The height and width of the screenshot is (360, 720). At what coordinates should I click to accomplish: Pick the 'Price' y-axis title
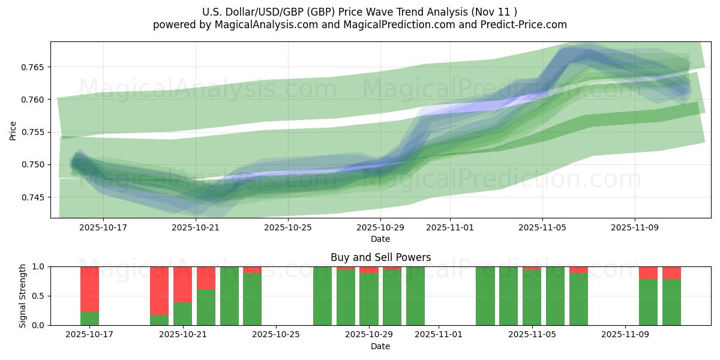pyautogui.click(x=13, y=130)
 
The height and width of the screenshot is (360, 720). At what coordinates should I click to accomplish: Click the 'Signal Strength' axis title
pyautogui.click(x=22, y=296)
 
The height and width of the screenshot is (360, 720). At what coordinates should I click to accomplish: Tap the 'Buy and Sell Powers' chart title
pyautogui.click(x=380, y=257)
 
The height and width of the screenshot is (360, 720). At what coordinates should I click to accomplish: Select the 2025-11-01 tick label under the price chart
pyautogui.click(x=450, y=228)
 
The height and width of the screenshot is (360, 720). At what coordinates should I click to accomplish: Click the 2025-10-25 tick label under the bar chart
pyautogui.click(x=276, y=335)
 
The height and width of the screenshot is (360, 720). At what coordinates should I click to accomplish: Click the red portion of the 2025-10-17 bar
pyautogui.click(x=89, y=289)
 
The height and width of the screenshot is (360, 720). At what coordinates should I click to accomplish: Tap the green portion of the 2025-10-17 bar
pyautogui.click(x=89, y=319)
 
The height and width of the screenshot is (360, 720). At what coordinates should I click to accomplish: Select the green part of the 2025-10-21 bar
pyautogui.click(x=182, y=314)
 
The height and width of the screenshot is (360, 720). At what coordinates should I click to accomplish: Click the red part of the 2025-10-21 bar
pyautogui.click(x=182, y=284)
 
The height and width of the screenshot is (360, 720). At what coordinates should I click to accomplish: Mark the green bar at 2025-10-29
pyautogui.click(x=369, y=300)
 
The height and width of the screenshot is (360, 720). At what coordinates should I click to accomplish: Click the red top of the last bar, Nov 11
pyautogui.click(x=671, y=272)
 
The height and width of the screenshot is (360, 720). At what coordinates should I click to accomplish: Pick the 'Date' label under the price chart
pyautogui.click(x=380, y=239)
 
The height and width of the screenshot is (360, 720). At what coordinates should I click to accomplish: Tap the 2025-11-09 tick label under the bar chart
pyautogui.click(x=625, y=335)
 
